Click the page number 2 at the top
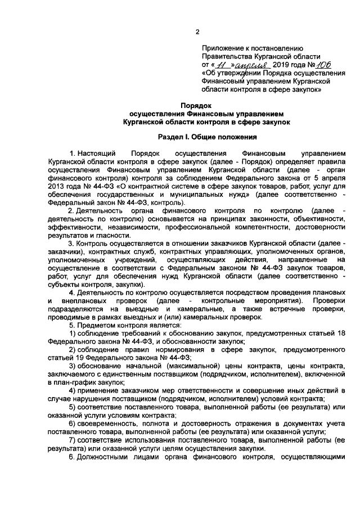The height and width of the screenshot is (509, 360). coord(196,31)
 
